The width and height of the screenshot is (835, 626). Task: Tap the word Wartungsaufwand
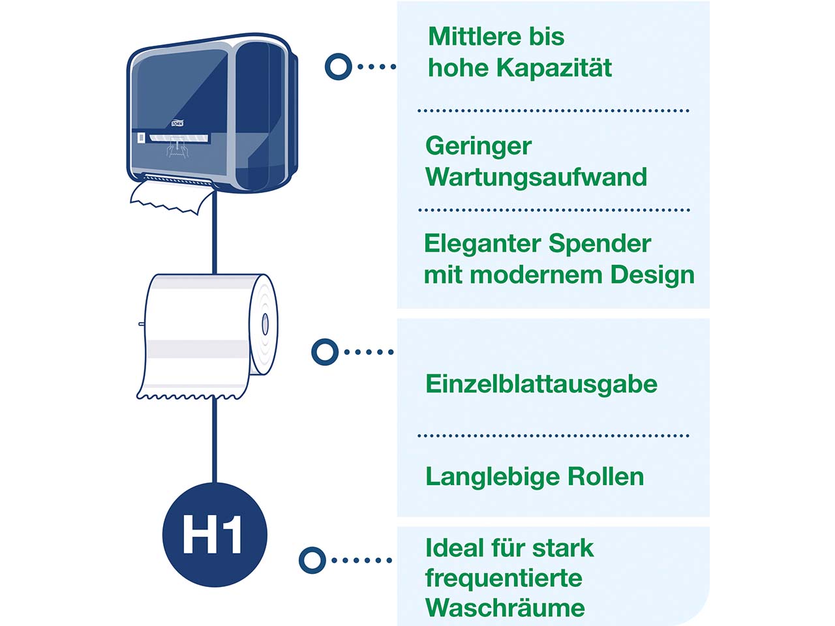click(536, 177)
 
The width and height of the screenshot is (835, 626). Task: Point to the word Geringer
click(478, 146)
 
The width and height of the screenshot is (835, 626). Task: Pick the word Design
click(652, 275)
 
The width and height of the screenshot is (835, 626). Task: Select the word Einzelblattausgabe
click(541, 384)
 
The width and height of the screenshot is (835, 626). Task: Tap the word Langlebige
click(492, 477)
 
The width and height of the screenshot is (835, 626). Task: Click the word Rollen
click(606, 477)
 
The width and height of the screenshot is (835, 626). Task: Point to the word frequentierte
click(503, 578)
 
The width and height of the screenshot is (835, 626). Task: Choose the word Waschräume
click(504, 608)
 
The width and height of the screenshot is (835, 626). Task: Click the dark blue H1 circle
click(214, 535)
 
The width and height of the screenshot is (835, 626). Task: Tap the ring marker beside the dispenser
click(338, 67)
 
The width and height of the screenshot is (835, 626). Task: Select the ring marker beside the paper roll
click(325, 352)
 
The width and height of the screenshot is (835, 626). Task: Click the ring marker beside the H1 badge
click(312, 560)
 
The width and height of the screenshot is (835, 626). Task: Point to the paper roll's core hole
click(265, 324)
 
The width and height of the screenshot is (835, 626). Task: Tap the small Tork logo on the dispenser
click(177, 123)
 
